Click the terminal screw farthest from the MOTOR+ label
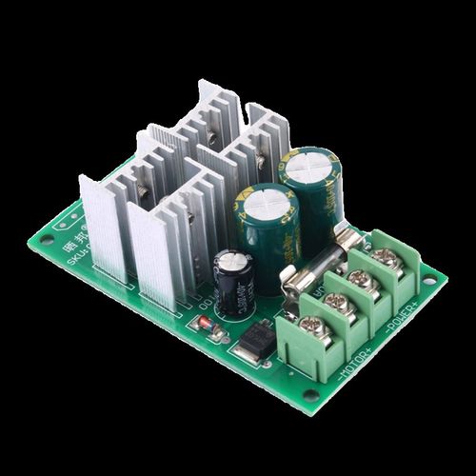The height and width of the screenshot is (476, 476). [385, 256]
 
